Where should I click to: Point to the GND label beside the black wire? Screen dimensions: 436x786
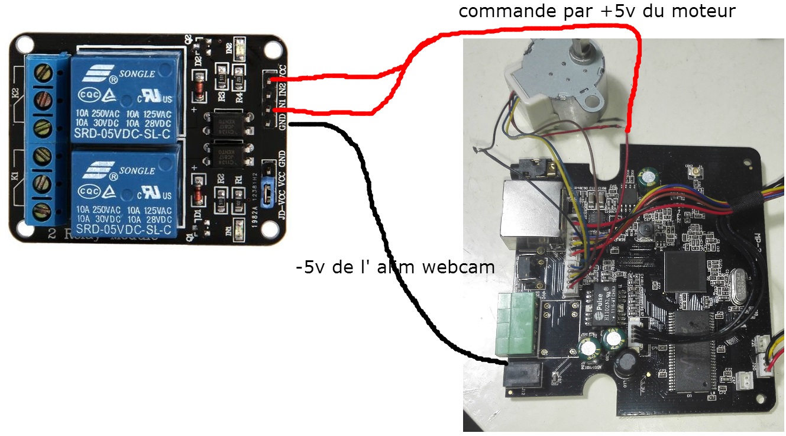(x=282, y=121)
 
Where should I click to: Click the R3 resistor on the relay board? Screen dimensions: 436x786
(x=222, y=96)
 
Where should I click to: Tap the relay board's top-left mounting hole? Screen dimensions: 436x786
(x=24, y=43)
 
